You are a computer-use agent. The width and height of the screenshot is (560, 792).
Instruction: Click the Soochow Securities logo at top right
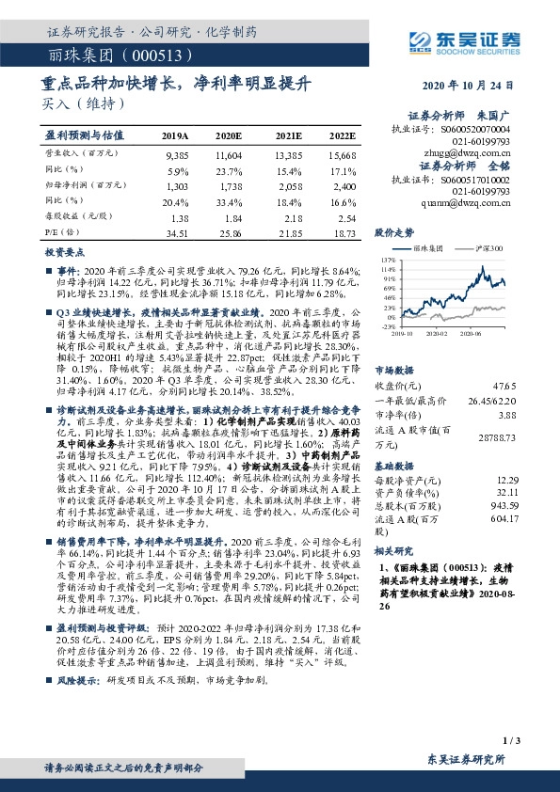(x=470, y=40)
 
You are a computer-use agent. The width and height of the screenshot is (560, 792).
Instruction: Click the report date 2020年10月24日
(x=477, y=84)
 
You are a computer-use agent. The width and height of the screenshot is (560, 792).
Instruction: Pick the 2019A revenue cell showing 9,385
(x=176, y=152)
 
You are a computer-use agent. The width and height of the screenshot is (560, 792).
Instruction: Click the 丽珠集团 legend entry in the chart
(x=433, y=246)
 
